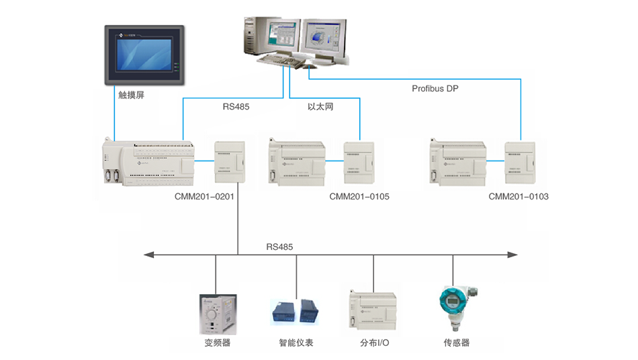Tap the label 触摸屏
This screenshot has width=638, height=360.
tap(131, 95)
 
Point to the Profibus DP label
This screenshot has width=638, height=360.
tap(435, 89)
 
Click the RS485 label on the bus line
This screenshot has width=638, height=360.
tap(279, 247)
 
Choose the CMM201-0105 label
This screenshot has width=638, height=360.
tap(359, 197)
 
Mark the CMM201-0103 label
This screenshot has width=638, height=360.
tap(518, 197)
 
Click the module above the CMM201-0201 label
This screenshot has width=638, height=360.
tap(228, 161)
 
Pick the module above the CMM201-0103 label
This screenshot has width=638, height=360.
tap(521, 161)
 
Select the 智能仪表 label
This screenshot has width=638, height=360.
tap(296, 343)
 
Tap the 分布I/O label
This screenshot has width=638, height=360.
tap(375, 343)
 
